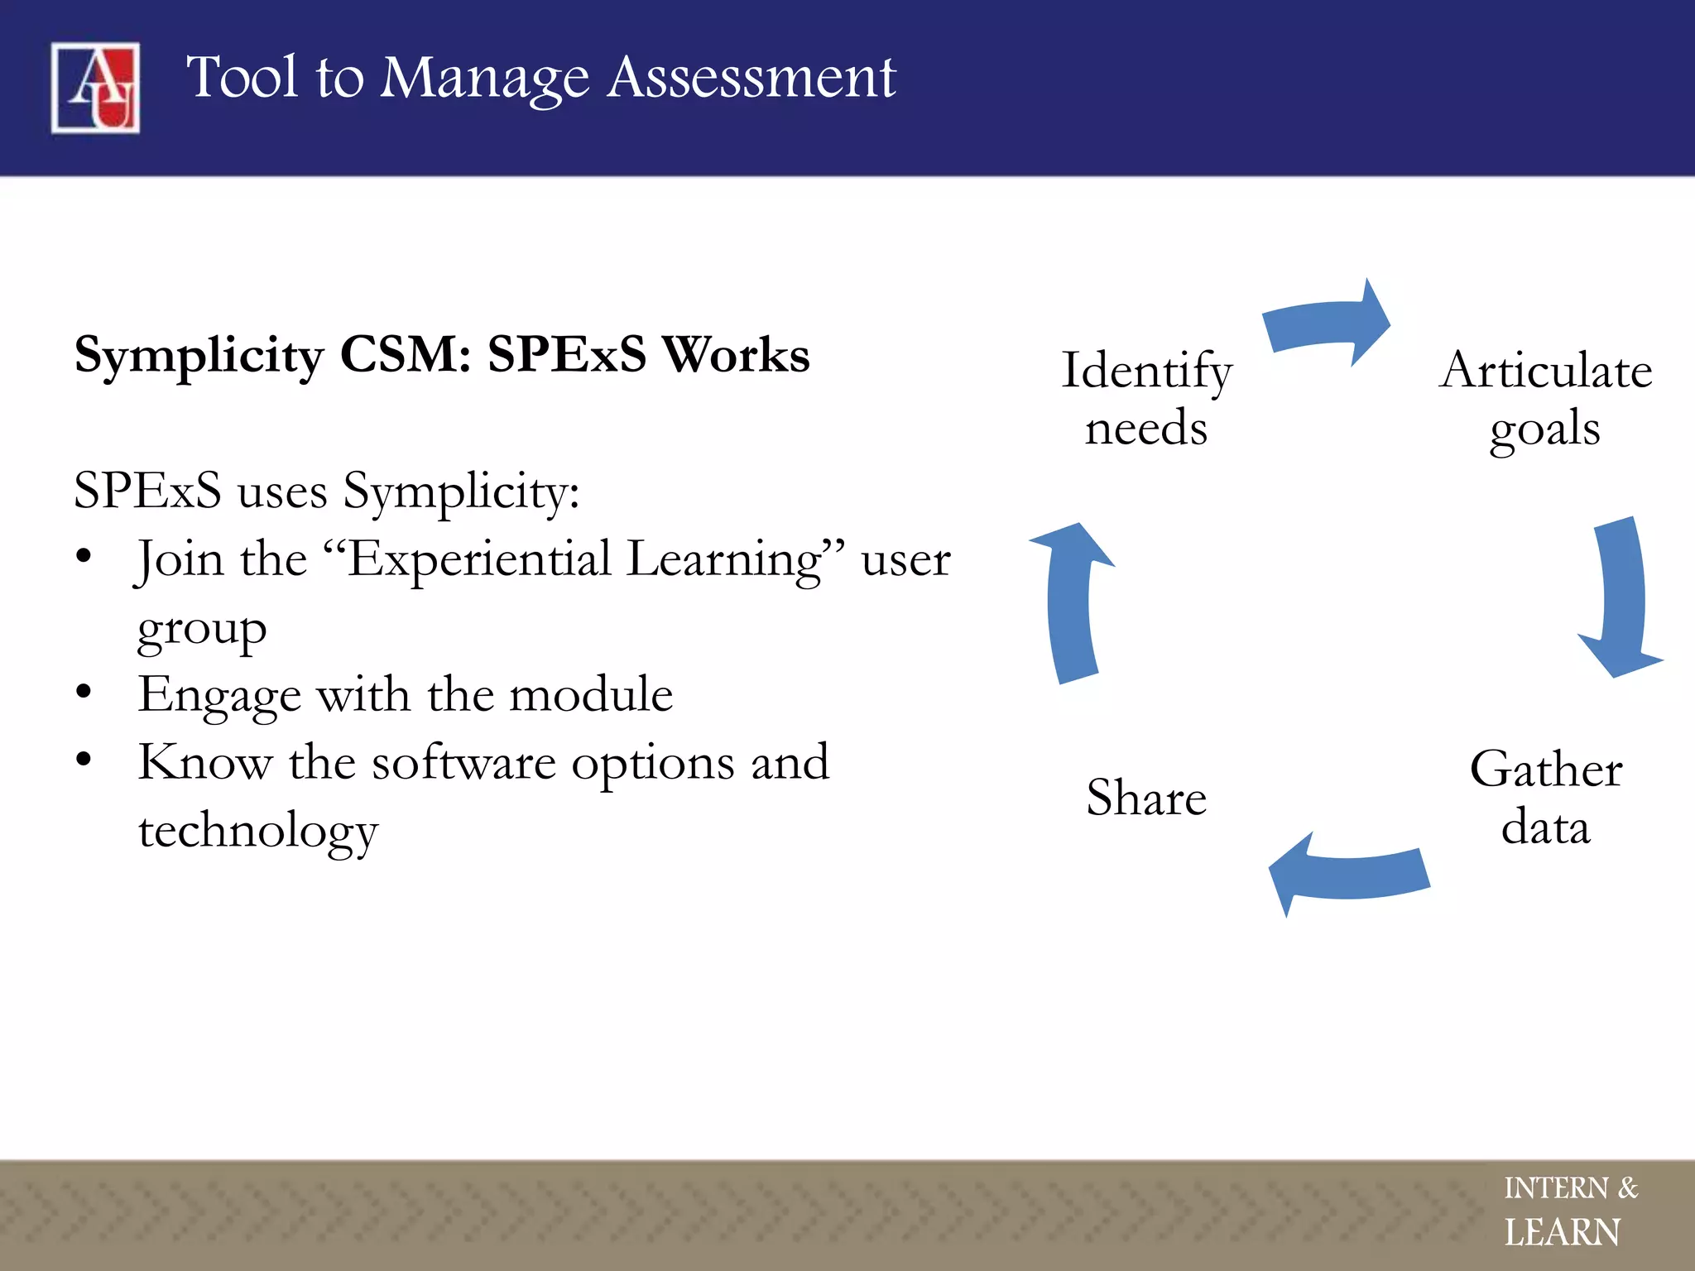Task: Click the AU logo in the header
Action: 95,87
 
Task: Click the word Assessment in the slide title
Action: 751,78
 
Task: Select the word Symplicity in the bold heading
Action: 199,356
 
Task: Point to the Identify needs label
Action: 1146,399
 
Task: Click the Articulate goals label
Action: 1545,399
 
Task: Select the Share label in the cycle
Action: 1146,798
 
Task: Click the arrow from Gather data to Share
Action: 1349,875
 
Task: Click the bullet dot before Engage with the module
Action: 83,692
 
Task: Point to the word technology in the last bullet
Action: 258,831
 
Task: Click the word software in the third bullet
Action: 463,762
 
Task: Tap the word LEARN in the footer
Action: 1562,1233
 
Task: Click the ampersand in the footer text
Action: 1628,1187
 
